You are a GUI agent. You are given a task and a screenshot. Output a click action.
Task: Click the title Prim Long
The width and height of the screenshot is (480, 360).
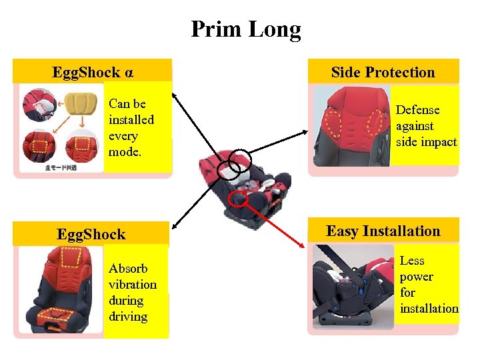tap(245, 29)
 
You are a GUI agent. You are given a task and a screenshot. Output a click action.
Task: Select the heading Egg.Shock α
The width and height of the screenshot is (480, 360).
tap(93, 72)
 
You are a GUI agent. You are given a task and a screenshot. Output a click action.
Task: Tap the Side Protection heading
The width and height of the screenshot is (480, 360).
tap(383, 72)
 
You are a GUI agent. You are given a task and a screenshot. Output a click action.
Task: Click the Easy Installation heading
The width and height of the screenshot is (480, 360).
tap(383, 231)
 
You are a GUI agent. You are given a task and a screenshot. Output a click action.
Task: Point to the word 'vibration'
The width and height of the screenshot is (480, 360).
tap(133, 285)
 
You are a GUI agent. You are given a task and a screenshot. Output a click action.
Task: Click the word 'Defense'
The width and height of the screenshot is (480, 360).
tap(417, 110)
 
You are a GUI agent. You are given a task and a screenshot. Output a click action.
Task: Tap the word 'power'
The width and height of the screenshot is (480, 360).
tap(416, 277)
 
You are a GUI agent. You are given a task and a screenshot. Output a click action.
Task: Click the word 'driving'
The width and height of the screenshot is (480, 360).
tap(128, 317)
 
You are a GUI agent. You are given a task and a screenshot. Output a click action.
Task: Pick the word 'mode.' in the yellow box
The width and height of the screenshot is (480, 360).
tap(124, 152)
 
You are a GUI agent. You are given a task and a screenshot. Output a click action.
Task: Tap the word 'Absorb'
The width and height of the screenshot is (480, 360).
tap(128, 269)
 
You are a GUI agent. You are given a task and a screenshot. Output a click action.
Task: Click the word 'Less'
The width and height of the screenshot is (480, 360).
tap(412, 261)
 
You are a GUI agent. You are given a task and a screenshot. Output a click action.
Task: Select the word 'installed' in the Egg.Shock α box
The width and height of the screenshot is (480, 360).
tap(131, 120)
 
